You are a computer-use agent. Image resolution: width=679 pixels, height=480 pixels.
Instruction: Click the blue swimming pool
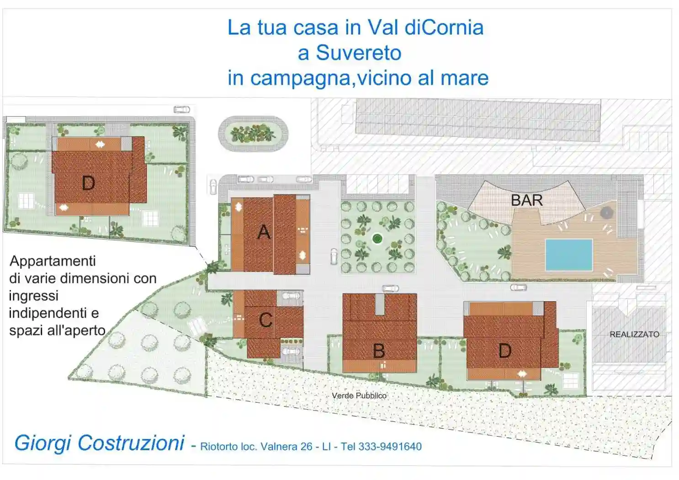[x=568, y=255]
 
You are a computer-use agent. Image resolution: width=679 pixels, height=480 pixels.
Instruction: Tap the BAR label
[x=526, y=200]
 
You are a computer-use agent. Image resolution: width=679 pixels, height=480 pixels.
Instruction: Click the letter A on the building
[x=264, y=232]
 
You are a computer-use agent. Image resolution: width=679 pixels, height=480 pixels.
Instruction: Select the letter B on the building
[x=379, y=351]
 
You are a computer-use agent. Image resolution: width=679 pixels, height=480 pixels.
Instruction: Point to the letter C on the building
[x=265, y=320]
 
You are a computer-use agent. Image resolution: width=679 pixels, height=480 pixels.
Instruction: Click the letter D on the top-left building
[x=88, y=183]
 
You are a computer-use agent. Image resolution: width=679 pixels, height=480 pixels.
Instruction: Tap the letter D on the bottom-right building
[x=504, y=351]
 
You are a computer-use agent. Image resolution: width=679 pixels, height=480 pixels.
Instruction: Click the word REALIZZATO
[x=634, y=335]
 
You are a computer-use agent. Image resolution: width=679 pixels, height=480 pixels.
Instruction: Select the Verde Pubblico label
[x=359, y=395]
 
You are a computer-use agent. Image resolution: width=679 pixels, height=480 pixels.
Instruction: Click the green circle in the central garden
[x=377, y=238]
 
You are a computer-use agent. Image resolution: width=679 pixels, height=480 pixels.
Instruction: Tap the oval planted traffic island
[x=253, y=133]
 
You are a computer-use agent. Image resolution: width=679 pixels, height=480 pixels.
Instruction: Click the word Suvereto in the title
[x=358, y=53]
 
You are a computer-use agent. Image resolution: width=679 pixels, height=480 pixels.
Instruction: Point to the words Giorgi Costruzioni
[x=99, y=443]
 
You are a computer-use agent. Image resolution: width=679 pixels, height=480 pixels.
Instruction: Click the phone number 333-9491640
[x=390, y=447]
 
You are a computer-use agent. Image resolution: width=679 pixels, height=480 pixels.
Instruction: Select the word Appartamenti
[x=53, y=261]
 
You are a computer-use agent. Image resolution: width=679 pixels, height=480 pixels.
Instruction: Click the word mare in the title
[x=464, y=78]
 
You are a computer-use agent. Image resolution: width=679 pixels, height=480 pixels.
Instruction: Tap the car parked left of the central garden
[x=334, y=256]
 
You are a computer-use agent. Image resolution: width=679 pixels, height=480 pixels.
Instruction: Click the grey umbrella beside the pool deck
[x=606, y=213]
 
